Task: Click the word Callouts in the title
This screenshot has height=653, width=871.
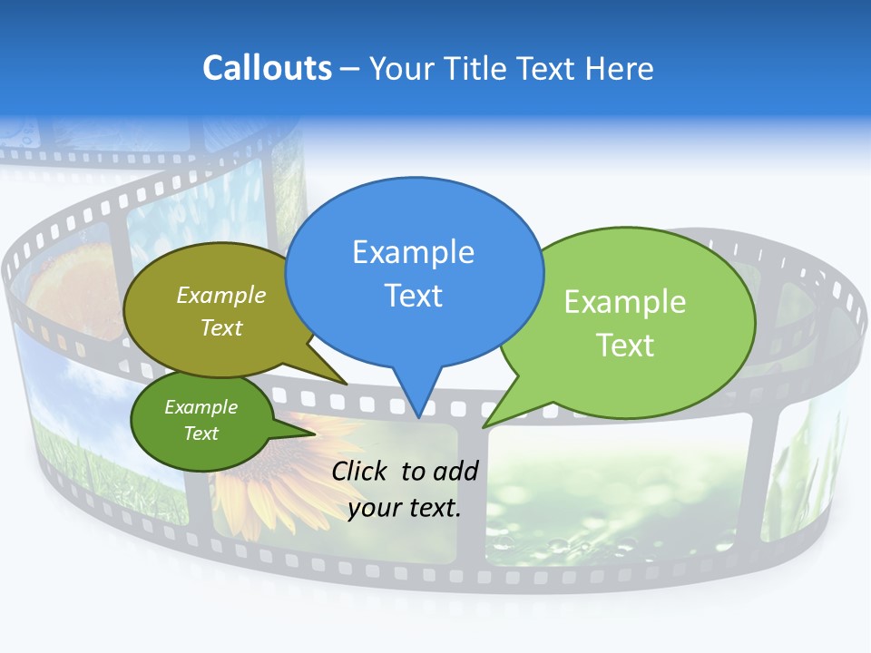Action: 267,68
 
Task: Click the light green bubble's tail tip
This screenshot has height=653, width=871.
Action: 484,426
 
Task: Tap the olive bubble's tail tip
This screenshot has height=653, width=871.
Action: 346,384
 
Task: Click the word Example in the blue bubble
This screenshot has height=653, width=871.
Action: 413,251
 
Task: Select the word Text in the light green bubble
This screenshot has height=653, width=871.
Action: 624,345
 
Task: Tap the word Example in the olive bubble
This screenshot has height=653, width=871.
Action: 220,295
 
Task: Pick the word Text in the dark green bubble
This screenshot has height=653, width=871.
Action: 201,434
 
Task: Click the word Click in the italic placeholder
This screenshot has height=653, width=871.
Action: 359,471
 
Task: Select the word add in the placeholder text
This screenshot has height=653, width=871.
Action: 455,471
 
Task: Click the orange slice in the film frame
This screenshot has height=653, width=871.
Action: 68,281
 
